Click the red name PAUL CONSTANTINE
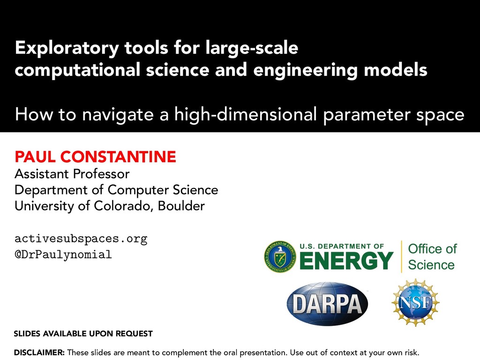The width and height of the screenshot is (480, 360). [95, 157]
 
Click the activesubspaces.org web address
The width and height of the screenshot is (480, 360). [81, 239]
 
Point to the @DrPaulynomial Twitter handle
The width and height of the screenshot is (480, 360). [63, 255]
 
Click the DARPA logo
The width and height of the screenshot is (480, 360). [327, 304]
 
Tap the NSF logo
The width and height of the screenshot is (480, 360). [415, 302]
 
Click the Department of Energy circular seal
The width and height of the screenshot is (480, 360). [280, 256]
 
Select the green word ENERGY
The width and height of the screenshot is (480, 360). [346, 261]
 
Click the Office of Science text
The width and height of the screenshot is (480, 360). [432, 256]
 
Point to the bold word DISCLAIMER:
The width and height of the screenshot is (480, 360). [39, 352]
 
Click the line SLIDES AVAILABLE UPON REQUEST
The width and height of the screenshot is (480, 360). [83, 334]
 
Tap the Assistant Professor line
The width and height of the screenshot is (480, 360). [72, 174]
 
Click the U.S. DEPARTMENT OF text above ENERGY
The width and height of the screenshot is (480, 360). [342, 246]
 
